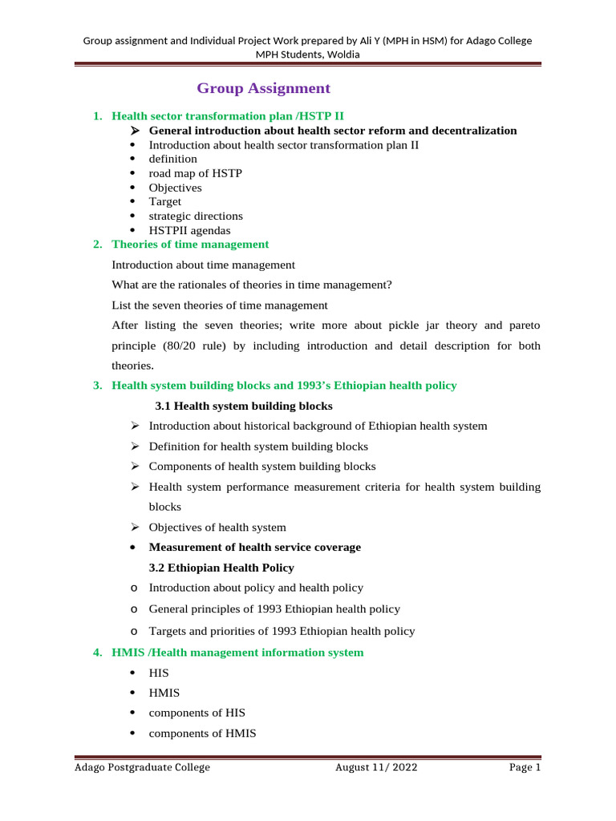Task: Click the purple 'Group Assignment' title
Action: pyautogui.click(x=263, y=88)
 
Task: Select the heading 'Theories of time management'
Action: pyautogui.click(x=190, y=244)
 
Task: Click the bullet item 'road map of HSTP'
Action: pyautogui.click(x=196, y=173)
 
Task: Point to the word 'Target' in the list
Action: pyautogui.click(x=165, y=201)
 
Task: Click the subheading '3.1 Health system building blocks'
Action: pyautogui.click(x=243, y=406)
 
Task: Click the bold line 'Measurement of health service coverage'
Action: pyautogui.click(x=255, y=547)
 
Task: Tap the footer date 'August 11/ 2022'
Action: pyautogui.click(x=376, y=767)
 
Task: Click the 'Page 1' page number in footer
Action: pyautogui.click(x=525, y=767)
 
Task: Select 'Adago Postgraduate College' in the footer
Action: pyautogui.click(x=142, y=767)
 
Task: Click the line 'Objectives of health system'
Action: pyautogui.click(x=217, y=527)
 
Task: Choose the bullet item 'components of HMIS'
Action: pyautogui.click(x=202, y=732)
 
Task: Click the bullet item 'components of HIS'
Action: pyautogui.click(x=197, y=713)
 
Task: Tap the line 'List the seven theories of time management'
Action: pyautogui.click(x=220, y=305)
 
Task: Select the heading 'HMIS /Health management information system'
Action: pyautogui.click(x=237, y=653)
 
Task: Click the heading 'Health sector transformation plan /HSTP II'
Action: pyautogui.click(x=228, y=115)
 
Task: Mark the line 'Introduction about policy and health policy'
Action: pyautogui.click(x=256, y=588)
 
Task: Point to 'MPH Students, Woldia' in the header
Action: pyautogui.click(x=308, y=54)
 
